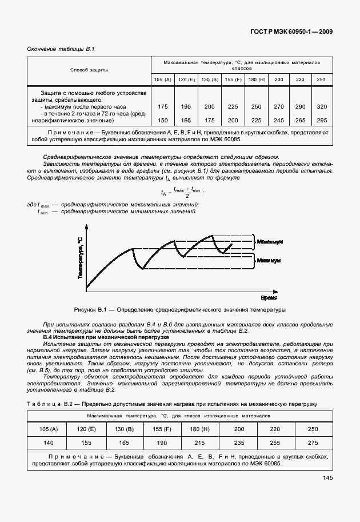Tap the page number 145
pos(327,478)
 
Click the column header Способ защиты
pos(89,70)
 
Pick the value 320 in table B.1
pos(322,107)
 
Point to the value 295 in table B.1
pos(322,120)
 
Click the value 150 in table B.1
pos(163,120)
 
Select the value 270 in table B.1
pos(278,107)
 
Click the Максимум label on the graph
pos(270,242)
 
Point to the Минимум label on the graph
pos(269,260)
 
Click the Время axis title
pos(269,298)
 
